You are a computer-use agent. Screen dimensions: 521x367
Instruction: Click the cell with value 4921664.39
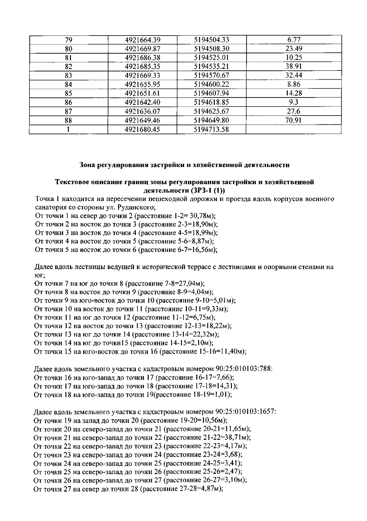pos(143,40)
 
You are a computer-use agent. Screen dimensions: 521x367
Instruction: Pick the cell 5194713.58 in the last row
pos(211,129)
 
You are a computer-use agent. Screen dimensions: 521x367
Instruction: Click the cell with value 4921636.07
pos(143,112)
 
